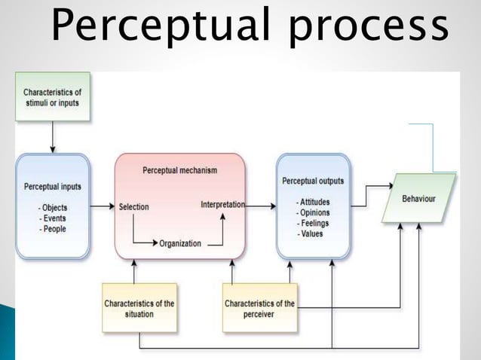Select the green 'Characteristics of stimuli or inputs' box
[x=53, y=96]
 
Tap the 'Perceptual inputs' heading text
[x=53, y=186]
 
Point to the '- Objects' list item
[x=54, y=208]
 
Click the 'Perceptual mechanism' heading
[x=180, y=170]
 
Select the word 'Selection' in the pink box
[x=133, y=206]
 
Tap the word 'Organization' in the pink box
[x=180, y=243]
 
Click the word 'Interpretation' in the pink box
[x=223, y=204]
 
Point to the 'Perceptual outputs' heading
[x=313, y=181]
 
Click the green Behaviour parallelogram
[x=419, y=198]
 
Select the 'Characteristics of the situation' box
[x=139, y=309]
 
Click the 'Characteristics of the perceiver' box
[x=259, y=309]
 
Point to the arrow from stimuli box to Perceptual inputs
[x=53, y=137]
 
